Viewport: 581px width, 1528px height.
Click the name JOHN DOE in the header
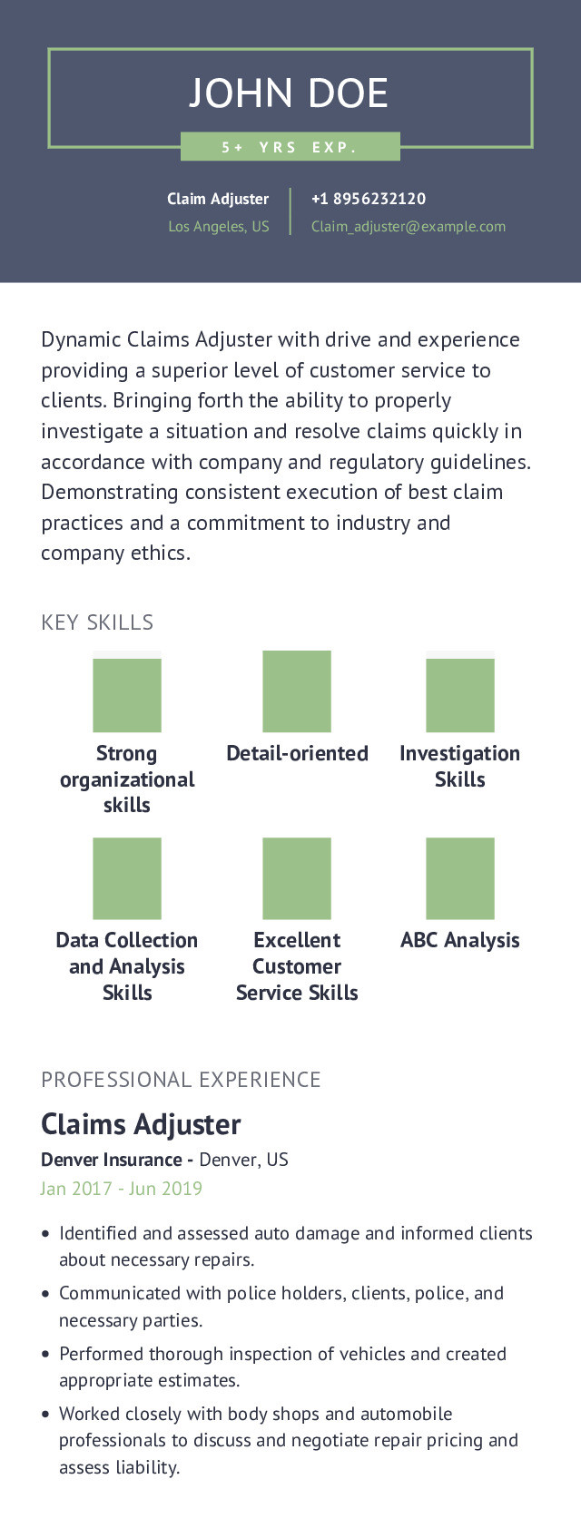(x=289, y=93)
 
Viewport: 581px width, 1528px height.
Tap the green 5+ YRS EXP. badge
(x=290, y=147)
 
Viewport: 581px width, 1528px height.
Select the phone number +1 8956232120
(x=368, y=199)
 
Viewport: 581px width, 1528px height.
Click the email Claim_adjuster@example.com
(x=408, y=227)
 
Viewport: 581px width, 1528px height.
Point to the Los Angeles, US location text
(x=219, y=227)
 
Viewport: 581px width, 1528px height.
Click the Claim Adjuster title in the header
(x=218, y=199)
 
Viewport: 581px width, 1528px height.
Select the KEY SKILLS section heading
(x=97, y=622)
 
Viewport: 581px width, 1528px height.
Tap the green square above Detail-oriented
(x=297, y=691)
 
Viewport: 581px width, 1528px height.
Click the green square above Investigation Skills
(x=460, y=694)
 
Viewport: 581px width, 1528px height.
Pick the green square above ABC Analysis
(x=460, y=878)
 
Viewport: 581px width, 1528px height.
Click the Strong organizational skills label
(x=127, y=779)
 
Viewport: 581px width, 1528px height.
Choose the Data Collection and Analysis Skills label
(x=127, y=966)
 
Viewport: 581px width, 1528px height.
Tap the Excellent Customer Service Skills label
(x=297, y=966)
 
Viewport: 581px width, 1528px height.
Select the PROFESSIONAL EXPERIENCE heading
(x=181, y=1080)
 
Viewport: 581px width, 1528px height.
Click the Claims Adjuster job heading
(x=141, y=1125)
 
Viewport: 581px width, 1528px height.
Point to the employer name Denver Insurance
(x=111, y=1160)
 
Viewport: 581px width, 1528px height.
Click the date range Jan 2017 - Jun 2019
(x=122, y=1189)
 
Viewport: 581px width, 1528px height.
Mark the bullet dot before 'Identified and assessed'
(x=45, y=1234)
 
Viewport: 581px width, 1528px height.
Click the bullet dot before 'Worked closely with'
(x=45, y=1415)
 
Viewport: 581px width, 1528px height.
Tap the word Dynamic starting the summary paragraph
(x=81, y=340)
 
